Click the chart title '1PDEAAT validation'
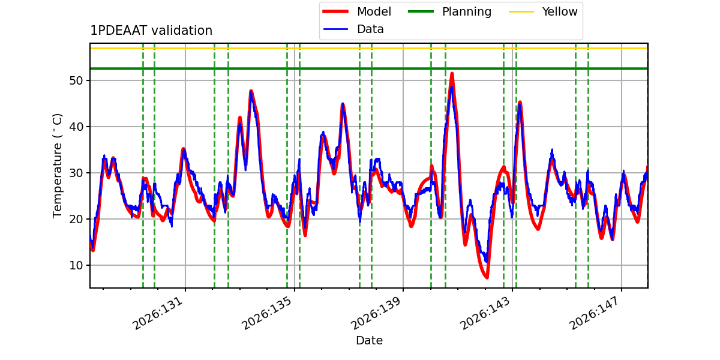pyautogui.click(x=151, y=31)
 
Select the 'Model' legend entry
pyautogui.click(x=356, y=11)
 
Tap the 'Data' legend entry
pyautogui.click(x=353, y=29)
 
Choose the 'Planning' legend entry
pyautogui.click(x=449, y=11)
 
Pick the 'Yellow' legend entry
pyautogui.click(x=543, y=11)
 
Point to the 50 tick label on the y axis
pyautogui.click(x=76, y=80)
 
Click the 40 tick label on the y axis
pyautogui.click(x=76, y=127)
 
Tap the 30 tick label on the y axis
pyautogui.click(x=76, y=173)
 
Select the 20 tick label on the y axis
pyautogui.click(x=76, y=219)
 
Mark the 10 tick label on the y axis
pyautogui.click(x=76, y=265)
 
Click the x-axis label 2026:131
pyautogui.click(x=158, y=313)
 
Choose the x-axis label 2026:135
pyautogui.click(x=267, y=313)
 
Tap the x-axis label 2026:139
pyautogui.click(x=376, y=313)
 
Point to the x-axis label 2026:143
pyautogui.click(x=485, y=313)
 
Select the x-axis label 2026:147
pyautogui.click(x=594, y=313)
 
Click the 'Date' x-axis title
pyautogui.click(x=369, y=340)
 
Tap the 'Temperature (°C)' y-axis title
pyautogui.click(x=57, y=166)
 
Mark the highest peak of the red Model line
pyautogui.click(x=452, y=74)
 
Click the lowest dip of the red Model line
pyautogui.click(x=487, y=277)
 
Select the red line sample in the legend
pyautogui.click(x=335, y=11)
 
